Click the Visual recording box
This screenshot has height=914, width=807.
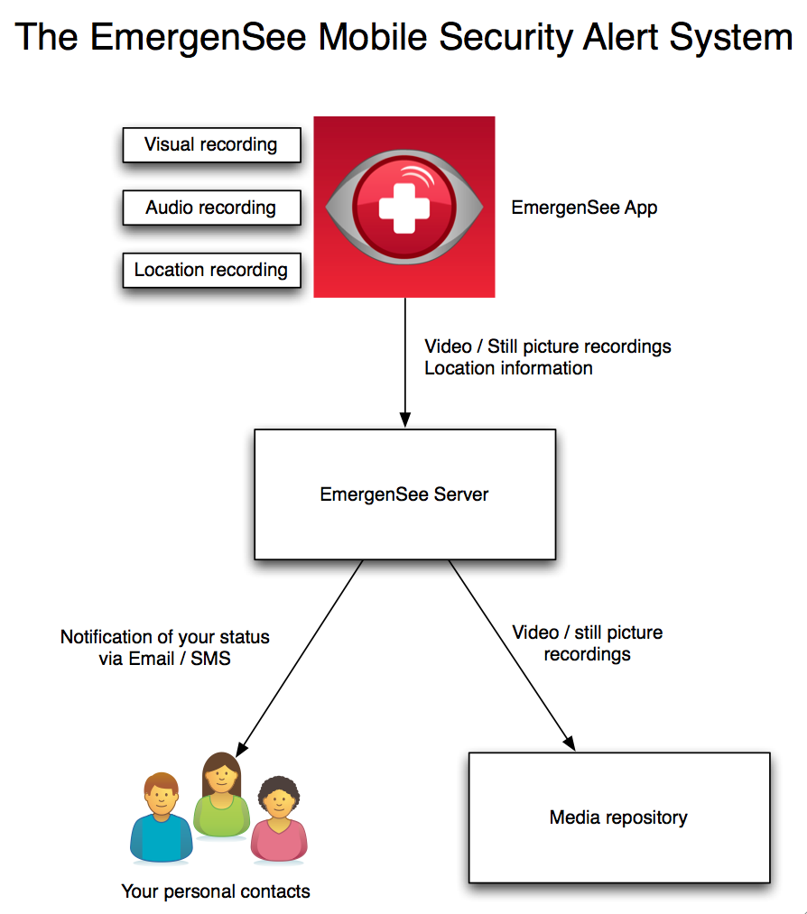click(x=211, y=145)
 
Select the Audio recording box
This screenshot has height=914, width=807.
click(x=211, y=208)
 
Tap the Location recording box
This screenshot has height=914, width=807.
click(x=211, y=270)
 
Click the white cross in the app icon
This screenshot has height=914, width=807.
click(x=403, y=207)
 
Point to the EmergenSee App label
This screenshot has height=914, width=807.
click(x=584, y=208)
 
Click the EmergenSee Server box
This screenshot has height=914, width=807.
click(x=404, y=494)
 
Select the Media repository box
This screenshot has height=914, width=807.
click(x=618, y=817)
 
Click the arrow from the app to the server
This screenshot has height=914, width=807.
click(x=405, y=361)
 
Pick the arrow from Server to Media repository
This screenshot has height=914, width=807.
click(x=510, y=653)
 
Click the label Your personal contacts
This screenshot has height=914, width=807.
click(x=216, y=891)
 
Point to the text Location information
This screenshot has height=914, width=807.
click(x=508, y=368)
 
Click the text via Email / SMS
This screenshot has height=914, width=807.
click(x=164, y=659)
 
